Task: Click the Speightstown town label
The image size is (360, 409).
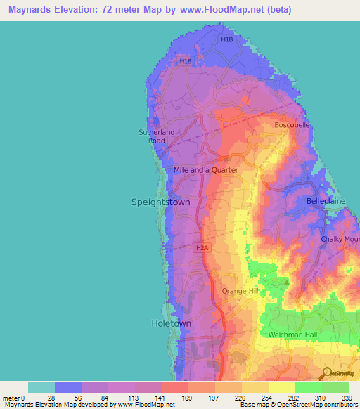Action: point(160,202)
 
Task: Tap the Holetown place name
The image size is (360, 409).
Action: point(171,323)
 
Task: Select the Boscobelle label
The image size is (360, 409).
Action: point(291,125)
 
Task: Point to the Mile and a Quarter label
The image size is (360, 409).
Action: point(206,170)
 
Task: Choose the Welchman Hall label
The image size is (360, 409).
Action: point(298,334)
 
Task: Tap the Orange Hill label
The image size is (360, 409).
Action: point(240,291)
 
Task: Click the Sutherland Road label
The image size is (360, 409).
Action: point(156,136)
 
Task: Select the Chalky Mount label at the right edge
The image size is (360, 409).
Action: point(340,240)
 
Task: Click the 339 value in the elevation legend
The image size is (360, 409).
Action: point(347,398)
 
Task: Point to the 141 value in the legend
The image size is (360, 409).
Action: point(161,398)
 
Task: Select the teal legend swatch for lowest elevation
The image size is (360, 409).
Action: point(41,387)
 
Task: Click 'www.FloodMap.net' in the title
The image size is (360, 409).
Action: point(205,10)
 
